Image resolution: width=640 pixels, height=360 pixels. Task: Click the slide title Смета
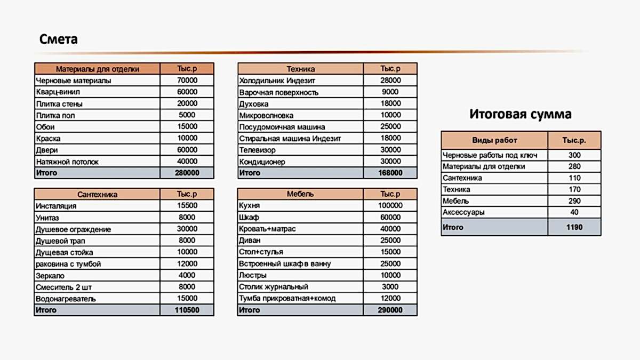[x=59, y=39]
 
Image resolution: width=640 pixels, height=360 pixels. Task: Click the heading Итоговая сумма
[x=521, y=114]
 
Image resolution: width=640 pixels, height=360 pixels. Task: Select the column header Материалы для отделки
[x=98, y=69]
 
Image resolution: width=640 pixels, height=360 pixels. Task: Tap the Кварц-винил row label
[x=59, y=92]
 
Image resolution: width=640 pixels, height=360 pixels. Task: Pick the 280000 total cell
[x=187, y=173]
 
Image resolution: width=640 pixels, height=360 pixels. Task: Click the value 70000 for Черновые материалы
[x=187, y=81]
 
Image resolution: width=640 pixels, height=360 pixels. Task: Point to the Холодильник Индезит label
[x=277, y=81]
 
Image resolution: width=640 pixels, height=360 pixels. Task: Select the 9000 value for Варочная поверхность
[x=390, y=92]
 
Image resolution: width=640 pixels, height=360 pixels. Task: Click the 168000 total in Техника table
[x=390, y=173]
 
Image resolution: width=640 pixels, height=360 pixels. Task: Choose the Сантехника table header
[x=98, y=195]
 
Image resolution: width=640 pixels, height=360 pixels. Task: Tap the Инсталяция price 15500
[x=187, y=206]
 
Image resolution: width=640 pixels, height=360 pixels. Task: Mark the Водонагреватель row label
[x=66, y=299]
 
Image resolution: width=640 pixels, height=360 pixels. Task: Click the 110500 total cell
[x=187, y=310]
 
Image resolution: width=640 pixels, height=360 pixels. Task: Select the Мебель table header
[x=300, y=195]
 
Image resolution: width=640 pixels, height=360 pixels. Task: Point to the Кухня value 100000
[x=390, y=206]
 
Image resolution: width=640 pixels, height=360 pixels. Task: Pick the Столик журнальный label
[x=274, y=287]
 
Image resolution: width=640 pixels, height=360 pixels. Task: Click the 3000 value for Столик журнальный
[x=390, y=287]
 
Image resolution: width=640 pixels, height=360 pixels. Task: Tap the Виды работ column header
[x=494, y=140]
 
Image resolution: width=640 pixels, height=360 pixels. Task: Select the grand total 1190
[x=574, y=227]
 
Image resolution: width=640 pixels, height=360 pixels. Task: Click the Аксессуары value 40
[x=574, y=212]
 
